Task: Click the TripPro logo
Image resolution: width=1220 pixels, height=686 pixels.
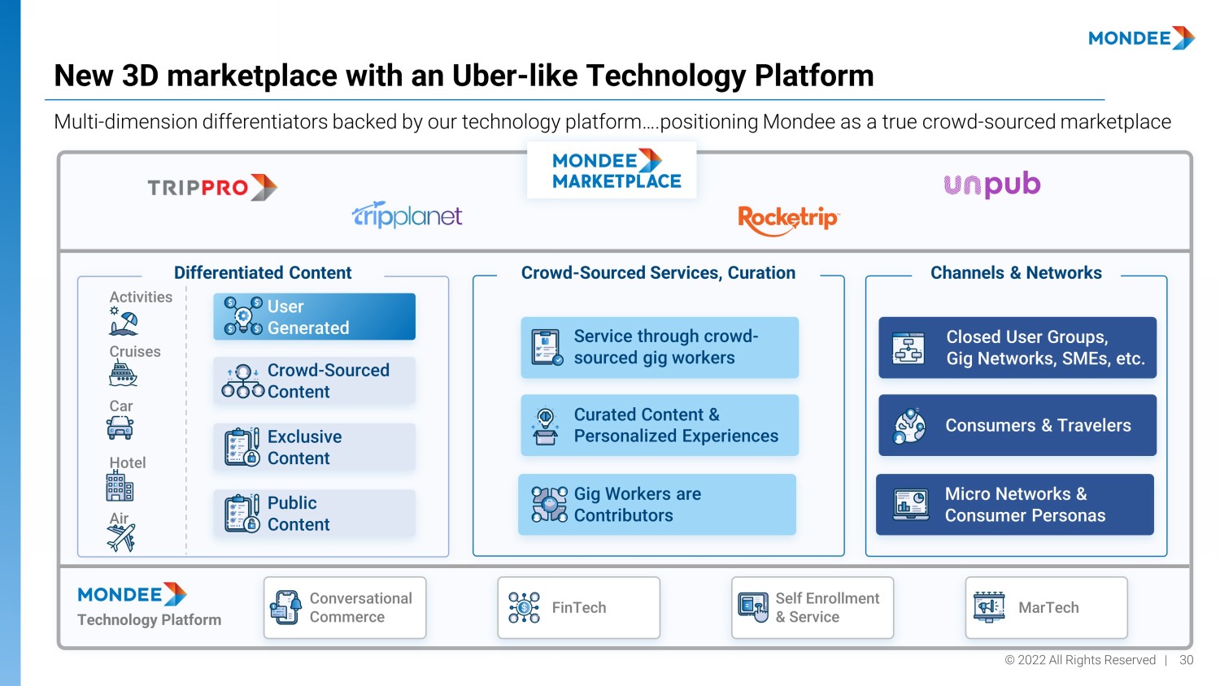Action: tap(212, 188)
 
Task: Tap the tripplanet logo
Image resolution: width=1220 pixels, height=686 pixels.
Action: tap(407, 215)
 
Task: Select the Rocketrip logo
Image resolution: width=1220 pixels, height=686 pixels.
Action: tap(787, 219)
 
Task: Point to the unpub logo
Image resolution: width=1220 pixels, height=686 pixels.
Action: tap(991, 185)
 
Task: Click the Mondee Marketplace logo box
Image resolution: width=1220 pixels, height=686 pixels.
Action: tap(612, 170)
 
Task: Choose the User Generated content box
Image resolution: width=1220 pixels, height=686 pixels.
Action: tap(314, 317)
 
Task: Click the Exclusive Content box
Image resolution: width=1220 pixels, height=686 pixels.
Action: tap(314, 447)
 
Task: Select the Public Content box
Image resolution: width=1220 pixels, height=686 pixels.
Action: tap(314, 514)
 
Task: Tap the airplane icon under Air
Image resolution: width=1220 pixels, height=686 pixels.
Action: tap(121, 537)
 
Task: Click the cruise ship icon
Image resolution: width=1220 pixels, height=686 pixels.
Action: tap(123, 374)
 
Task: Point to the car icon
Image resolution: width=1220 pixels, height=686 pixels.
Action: tap(120, 427)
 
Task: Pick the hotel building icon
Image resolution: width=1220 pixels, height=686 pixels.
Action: tap(120, 487)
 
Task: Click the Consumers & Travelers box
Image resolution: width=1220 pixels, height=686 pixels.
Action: tap(1017, 425)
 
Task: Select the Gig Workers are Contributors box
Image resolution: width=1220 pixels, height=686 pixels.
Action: tap(657, 505)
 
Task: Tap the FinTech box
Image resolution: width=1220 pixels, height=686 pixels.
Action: tap(578, 608)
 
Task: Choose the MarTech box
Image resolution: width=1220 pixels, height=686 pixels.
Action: tap(1046, 608)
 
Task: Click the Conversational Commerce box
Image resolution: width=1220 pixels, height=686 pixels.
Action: tap(345, 608)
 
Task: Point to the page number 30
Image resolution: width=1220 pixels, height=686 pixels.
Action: tap(1187, 660)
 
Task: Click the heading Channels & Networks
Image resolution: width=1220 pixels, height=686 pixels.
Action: tap(1016, 273)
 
